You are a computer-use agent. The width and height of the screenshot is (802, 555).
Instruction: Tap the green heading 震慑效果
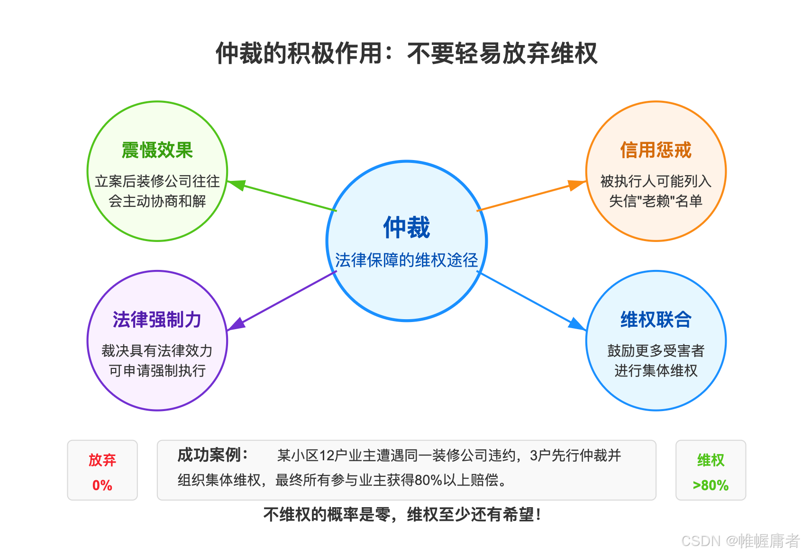pyautogui.click(x=157, y=150)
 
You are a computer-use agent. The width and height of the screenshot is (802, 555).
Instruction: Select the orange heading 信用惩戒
pyautogui.click(x=656, y=150)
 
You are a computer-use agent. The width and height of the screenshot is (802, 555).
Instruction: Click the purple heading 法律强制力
pyautogui.click(x=157, y=320)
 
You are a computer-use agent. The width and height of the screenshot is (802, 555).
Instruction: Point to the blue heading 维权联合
pyautogui.click(x=656, y=320)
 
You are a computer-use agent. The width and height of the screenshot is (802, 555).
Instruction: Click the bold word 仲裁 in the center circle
pyautogui.click(x=407, y=227)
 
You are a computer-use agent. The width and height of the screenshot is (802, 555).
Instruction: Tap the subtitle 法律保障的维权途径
pyautogui.click(x=407, y=260)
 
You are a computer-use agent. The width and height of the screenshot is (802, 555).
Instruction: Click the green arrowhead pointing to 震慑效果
pyautogui.click(x=236, y=184)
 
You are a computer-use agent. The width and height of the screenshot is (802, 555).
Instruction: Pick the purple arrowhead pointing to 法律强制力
pyautogui.click(x=236, y=325)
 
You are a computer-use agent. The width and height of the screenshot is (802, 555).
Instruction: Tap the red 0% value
pyautogui.click(x=102, y=485)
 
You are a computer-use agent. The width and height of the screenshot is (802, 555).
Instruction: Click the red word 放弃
pyautogui.click(x=102, y=460)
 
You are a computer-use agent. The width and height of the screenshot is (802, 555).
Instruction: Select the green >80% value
pyautogui.click(x=711, y=485)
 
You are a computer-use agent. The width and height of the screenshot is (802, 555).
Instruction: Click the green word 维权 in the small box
pyautogui.click(x=711, y=460)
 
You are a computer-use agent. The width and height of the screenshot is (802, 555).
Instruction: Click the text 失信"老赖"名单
pyautogui.click(x=656, y=201)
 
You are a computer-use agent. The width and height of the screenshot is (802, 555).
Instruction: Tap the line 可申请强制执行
pyautogui.click(x=157, y=371)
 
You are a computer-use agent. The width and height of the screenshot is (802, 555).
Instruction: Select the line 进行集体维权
pyautogui.click(x=656, y=371)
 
